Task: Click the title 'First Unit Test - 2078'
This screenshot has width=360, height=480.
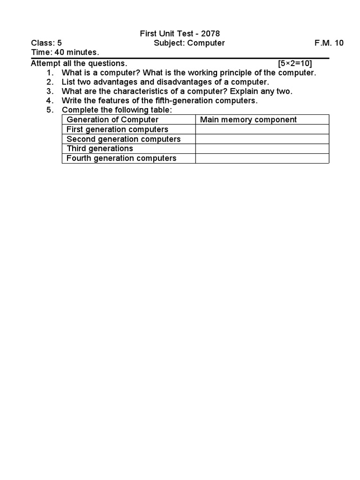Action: pos(180,34)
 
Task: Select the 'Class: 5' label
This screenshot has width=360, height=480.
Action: pos(46,43)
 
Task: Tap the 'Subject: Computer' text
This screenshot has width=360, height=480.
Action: pos(189,43)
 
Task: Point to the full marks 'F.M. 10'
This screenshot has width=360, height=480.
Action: pos(329,43)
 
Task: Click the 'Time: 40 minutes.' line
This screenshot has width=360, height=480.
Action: pos(65,52)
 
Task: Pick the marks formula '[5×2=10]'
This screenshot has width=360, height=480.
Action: pos(295,63)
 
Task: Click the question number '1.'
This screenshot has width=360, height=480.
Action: pos(51,73)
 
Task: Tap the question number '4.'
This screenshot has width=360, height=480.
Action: pos(51,101)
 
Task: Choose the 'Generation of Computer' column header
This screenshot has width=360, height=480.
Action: pos(112,120)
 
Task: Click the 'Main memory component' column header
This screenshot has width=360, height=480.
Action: pos(248,120)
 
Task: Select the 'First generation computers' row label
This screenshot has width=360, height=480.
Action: pos(117,129)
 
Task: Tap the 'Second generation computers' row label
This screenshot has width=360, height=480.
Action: pos(123,139)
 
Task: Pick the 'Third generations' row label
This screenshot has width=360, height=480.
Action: pos(100,149)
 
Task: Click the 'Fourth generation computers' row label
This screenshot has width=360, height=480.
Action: pos(121,158)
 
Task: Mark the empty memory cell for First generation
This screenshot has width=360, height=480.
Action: pos(262,129)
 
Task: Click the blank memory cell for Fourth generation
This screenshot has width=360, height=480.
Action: pos(262,158)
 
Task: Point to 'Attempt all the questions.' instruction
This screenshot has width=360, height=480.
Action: pos(79,63)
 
